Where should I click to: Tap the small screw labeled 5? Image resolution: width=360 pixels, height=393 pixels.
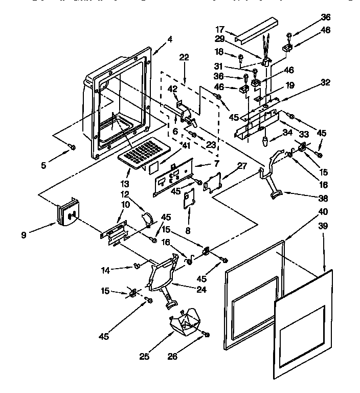coord(72,147)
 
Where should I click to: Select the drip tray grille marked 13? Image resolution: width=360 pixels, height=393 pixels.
coord(143,153)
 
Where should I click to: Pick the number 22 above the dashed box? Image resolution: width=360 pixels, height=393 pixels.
coord(185,59)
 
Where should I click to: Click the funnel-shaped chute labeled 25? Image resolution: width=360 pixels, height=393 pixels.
coord(185,321)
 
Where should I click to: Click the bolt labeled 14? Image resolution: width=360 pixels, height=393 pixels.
coord(137,265)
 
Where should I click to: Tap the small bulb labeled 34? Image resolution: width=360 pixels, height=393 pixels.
coord(266,141)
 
